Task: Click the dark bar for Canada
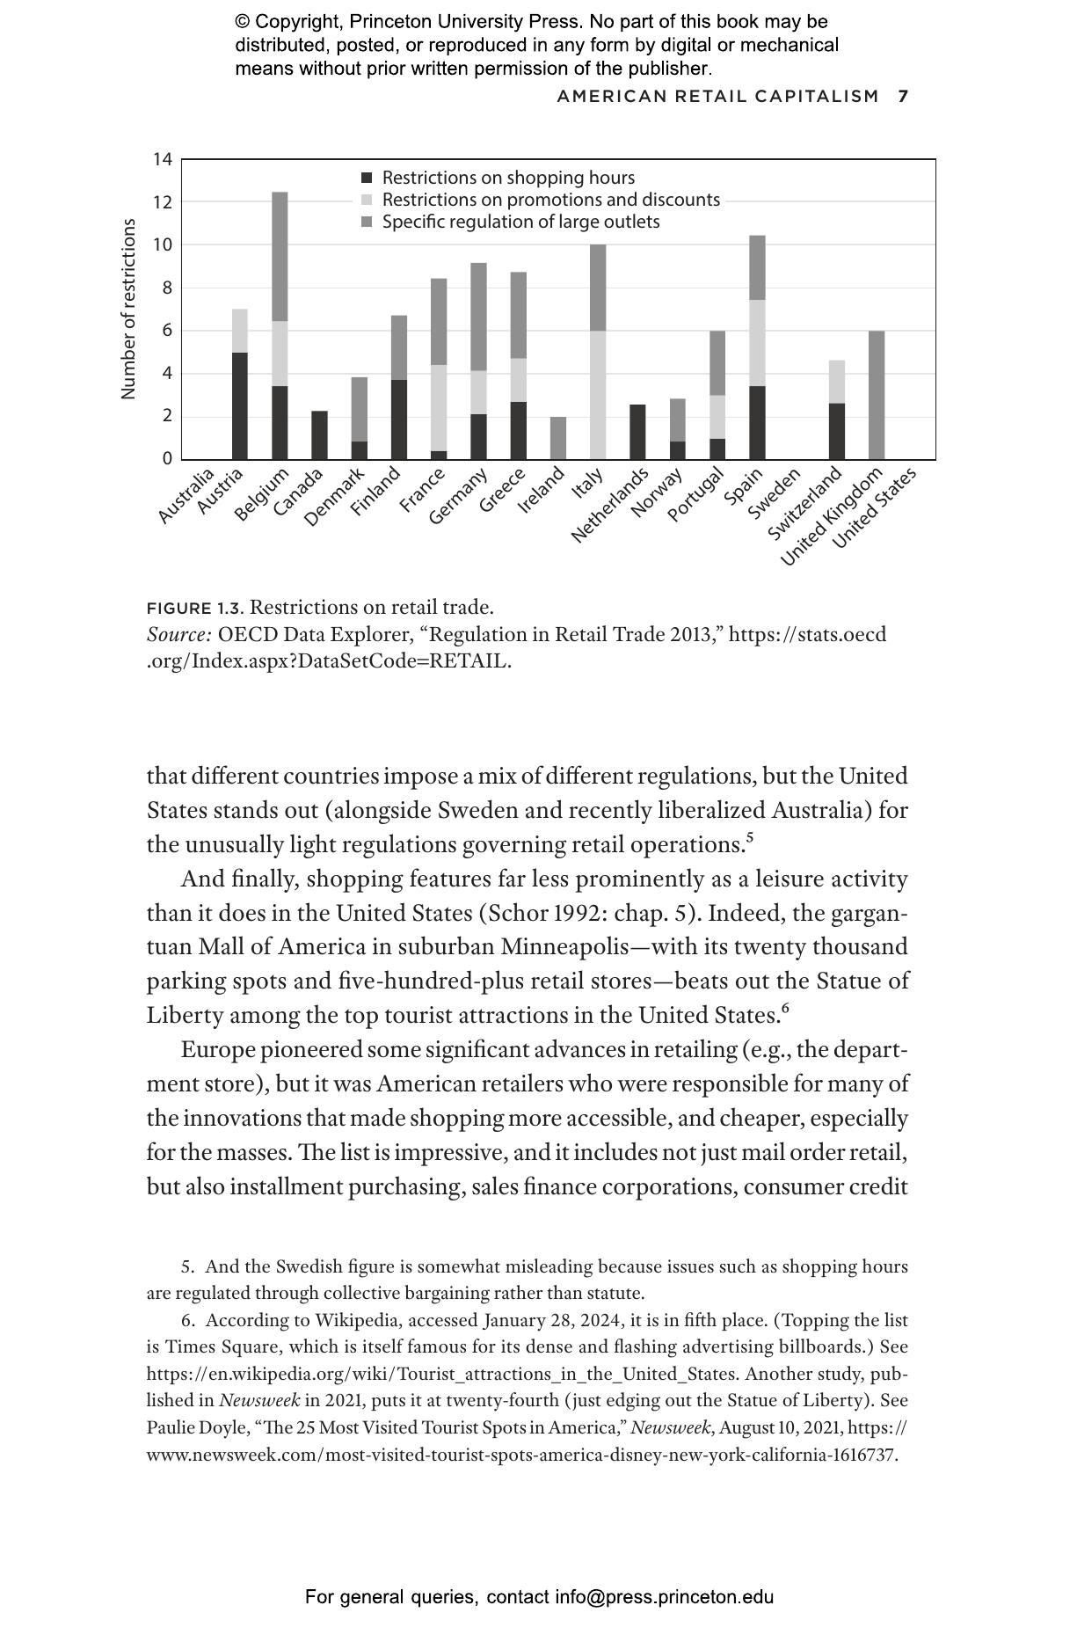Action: tap(319, 435)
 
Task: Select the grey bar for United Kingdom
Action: tap(877, 395)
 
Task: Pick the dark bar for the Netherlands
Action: tap(637, 432)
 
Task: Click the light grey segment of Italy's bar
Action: tap(598, 395)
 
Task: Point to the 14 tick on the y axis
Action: tap(163, 159)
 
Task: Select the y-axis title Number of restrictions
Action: tap(129, 309)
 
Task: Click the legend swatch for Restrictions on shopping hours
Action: tap(367, 179)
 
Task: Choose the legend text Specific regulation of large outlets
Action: tap(520, 222)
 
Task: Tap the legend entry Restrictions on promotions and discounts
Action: tap(550, 200)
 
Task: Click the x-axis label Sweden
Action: tap(774, 494)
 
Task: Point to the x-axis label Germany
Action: tap(458, 497)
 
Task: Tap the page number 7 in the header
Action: tap(903, 96)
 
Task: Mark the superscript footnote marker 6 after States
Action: tap(785, 1008)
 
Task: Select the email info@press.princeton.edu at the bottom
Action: tap(664, 1597)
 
